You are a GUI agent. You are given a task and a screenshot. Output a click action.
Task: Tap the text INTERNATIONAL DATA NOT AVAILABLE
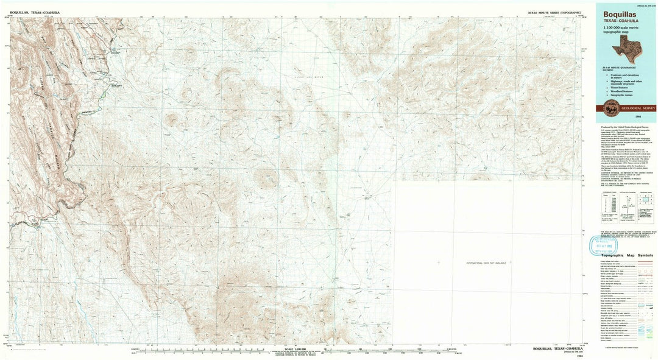486,263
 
